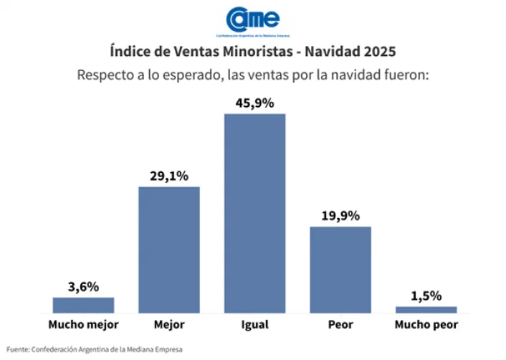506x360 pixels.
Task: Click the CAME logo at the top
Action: point(252,19)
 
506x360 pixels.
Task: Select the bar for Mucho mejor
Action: point(83,305)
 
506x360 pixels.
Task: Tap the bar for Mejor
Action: point(169,250)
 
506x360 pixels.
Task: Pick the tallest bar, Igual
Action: point(254,213)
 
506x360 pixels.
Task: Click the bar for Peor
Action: point(340,270)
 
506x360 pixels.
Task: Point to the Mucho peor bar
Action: point(426,310)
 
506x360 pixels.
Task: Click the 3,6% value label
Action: point(83,286)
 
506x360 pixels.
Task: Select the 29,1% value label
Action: point(169,176)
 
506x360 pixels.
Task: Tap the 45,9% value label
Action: point(254,103)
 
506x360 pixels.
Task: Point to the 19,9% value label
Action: point(340,216)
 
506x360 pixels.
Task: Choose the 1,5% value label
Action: point(426,295)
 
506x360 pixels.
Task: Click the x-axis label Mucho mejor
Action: point(83,325)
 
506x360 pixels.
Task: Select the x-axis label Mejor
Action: point(169,325)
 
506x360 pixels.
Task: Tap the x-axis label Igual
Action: point(254,325)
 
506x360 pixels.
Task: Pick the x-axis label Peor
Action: point(340,325)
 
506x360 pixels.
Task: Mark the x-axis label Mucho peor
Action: point(426,325)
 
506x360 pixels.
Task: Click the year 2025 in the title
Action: point(378,52)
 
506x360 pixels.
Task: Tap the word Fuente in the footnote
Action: point(18,349)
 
